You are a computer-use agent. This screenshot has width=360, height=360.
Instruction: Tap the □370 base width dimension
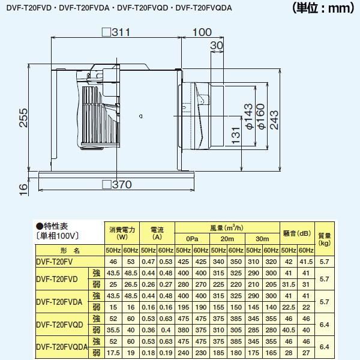(x=118, y=185)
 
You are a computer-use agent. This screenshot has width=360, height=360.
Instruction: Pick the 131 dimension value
(x=235, y=137)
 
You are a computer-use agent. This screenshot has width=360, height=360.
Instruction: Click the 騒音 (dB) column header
(x=296, y=233)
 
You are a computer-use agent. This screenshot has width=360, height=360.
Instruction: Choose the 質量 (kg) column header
(x=325, y=239)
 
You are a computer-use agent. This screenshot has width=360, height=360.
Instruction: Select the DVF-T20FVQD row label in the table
(x=60, y=325)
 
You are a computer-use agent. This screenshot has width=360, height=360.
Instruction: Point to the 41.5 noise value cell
(x=306, y=262)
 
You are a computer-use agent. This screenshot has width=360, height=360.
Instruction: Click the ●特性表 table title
(x=52, y=226)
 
